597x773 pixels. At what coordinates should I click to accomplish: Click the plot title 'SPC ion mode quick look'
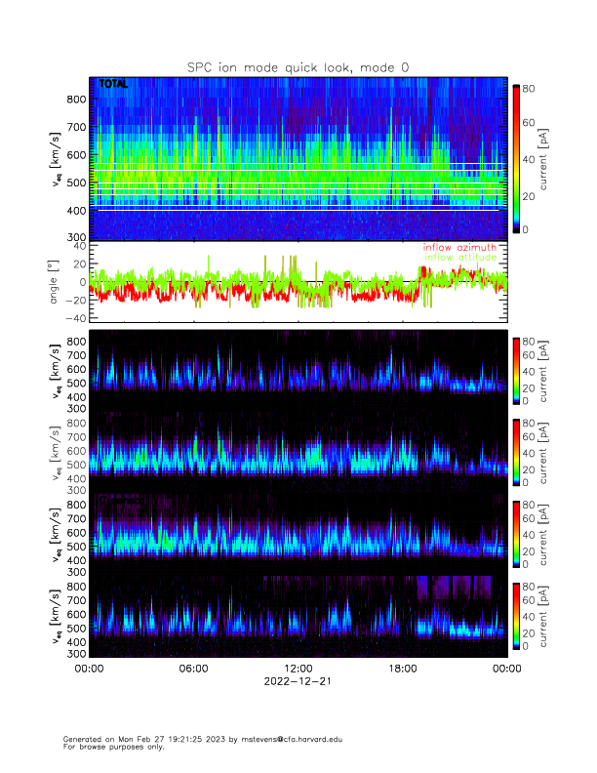[x=298, y=66]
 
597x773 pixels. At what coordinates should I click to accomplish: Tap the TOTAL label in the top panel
[x=113, y=85]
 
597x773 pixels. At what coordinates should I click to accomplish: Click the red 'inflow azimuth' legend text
[x=459, y=248]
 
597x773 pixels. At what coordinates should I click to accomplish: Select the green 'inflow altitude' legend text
[x=459, y=258]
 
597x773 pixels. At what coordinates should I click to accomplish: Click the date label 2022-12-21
[x=298, y=682]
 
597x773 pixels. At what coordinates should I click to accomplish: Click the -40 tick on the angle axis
[x=72, y=318]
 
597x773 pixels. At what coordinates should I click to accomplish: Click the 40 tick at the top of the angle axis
[x=76, y=246]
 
